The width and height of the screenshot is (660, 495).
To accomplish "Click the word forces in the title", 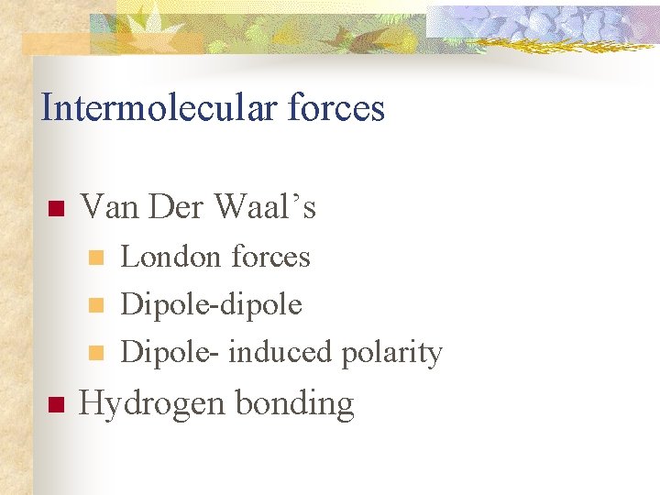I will point(338,108).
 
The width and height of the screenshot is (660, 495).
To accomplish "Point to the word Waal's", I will point(265,207).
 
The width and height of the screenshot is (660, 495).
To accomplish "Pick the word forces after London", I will point(270,257).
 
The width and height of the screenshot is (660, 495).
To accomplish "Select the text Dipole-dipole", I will point(211,304).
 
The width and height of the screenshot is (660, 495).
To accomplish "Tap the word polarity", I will point(391,352).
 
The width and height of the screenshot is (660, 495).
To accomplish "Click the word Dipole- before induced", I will point(170,352).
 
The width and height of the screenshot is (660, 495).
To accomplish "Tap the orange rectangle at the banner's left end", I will point(55,44).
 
